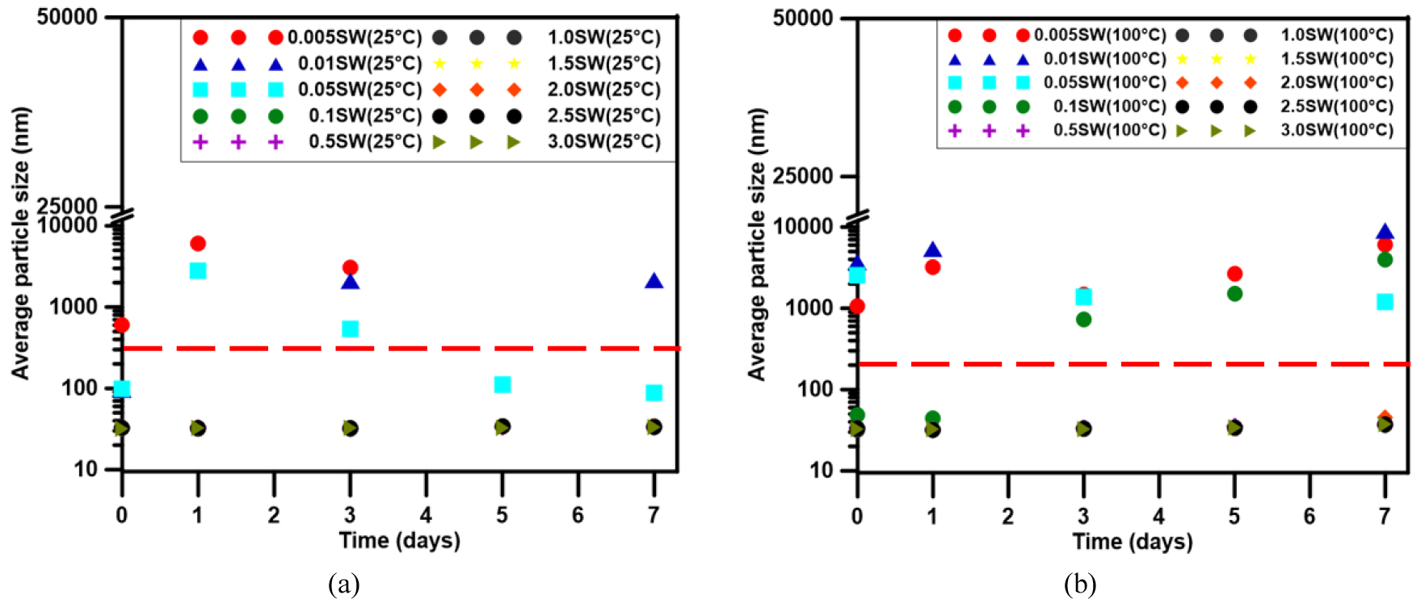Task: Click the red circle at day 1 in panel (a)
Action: click(x=198, y=243)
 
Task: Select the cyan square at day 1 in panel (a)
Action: click(x=198, y=270)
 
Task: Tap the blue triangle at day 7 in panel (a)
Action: click(x=654, y=281)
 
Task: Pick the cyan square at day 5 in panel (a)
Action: click(x=502, y=384)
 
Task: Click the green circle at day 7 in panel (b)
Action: click(x=1385, y=259)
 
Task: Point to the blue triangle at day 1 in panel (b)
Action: click(x=933, y=250)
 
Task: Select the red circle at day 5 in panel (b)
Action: click(x=1234, y=274)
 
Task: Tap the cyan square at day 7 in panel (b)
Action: click(x=1385, y=302)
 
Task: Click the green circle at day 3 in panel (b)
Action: click(x=1083, y=319)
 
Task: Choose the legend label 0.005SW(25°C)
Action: click(x=355, y=38)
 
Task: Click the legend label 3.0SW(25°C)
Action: click(x=603, y=142)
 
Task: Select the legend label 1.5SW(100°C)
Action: click(x=1336, y=59)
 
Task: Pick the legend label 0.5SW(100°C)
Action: click(x=1109, y=130)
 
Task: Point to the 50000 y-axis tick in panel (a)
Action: click(x=67, y=17)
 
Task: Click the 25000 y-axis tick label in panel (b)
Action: click(x=803, y=176)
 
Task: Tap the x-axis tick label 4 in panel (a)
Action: click(x=426, y=515)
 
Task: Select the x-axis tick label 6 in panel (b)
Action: click(x=1309, y=516)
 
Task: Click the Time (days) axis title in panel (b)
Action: click(x=1132, y=541)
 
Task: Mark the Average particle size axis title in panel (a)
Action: click(x=20, y=242)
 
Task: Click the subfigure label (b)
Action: click(x=1079, y=583)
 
